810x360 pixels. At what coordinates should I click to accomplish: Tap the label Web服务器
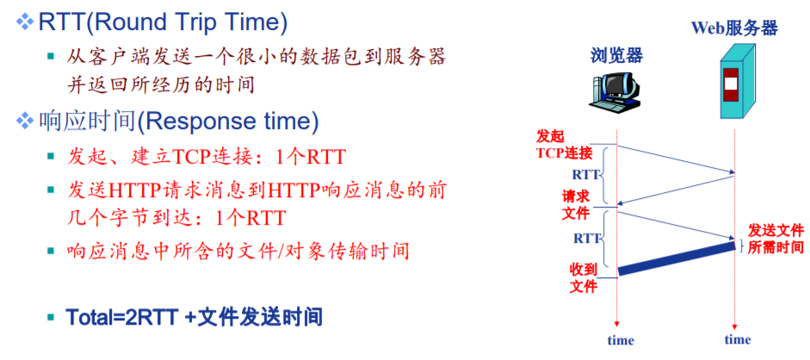pyautogui.click(x=734, y=28)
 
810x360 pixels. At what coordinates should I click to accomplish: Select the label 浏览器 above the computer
pyautogui.click(x=617, y=55)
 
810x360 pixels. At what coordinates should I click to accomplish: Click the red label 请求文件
pyautogui.click(x=576, y=204)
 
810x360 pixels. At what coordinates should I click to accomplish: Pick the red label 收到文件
pyautogui.click(x=584, y=278)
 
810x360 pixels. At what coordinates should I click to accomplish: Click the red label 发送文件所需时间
pyautogui.click(x=776, y=238)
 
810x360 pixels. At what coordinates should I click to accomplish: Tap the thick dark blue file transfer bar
pyautogui.click(x=677, y=258)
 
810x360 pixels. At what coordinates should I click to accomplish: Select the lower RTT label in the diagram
pyautogui.click(x=587, y=239)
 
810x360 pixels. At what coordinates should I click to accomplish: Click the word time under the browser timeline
pyautogui.click(x=621, y=340)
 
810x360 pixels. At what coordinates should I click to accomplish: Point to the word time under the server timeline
pyautogui.click(x=737, y=340)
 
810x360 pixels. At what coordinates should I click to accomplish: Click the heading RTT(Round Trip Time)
pyautogui.click(x=162, y=23)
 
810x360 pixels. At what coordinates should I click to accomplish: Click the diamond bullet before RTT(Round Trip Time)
pyautogui.click(x=24, y=22)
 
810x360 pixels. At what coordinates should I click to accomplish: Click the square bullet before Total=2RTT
pyautogui.click(x=51, y=317)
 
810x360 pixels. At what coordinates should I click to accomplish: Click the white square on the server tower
pyautogui.click(x=731, y=84)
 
